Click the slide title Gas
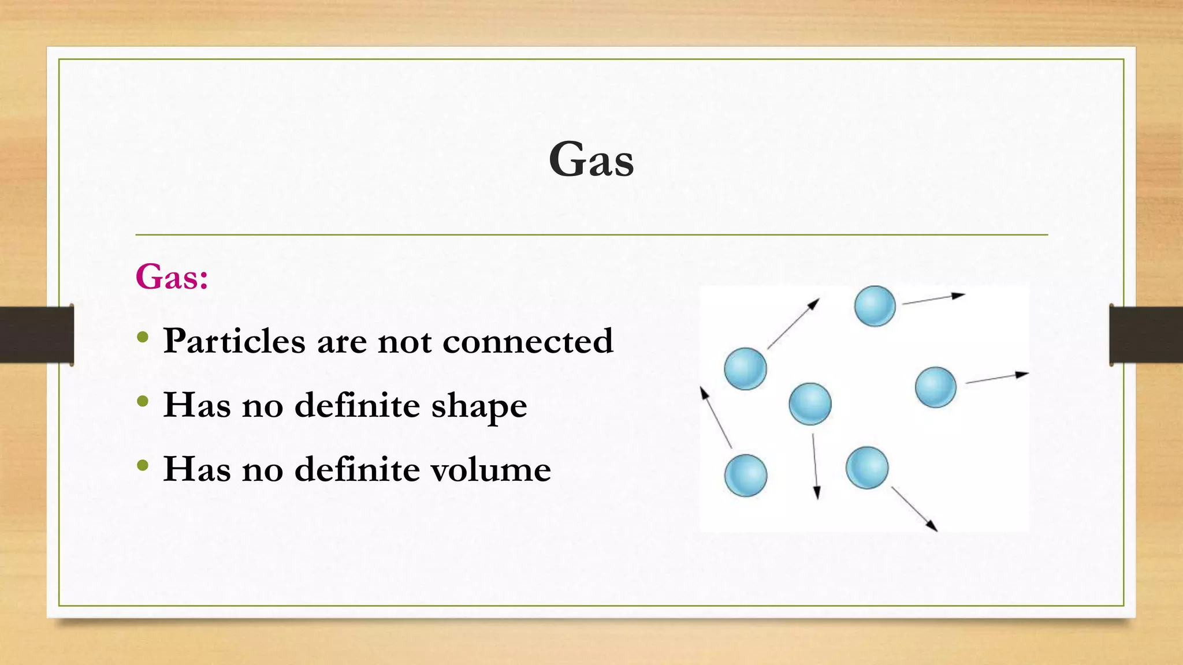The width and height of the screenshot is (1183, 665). click(x=591, y=159)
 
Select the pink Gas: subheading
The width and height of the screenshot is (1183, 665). click(x=172, y=277)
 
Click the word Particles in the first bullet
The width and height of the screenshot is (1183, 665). click(x=234, y=341)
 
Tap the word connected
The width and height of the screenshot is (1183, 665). click(x=527, y=341)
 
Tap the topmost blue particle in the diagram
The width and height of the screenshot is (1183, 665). click(x=875, y=306)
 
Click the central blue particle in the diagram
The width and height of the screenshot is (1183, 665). click(x=810, y=404)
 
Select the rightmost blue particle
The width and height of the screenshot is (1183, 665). click(x=935, y=387)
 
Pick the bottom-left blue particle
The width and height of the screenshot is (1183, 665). click(x=746, y=476)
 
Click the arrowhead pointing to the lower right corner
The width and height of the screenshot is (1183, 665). click(x=931, y=525)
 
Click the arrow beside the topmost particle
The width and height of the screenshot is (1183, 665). click(x=933, y=299)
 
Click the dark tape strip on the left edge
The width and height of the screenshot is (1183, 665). click(x=36, y=335)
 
